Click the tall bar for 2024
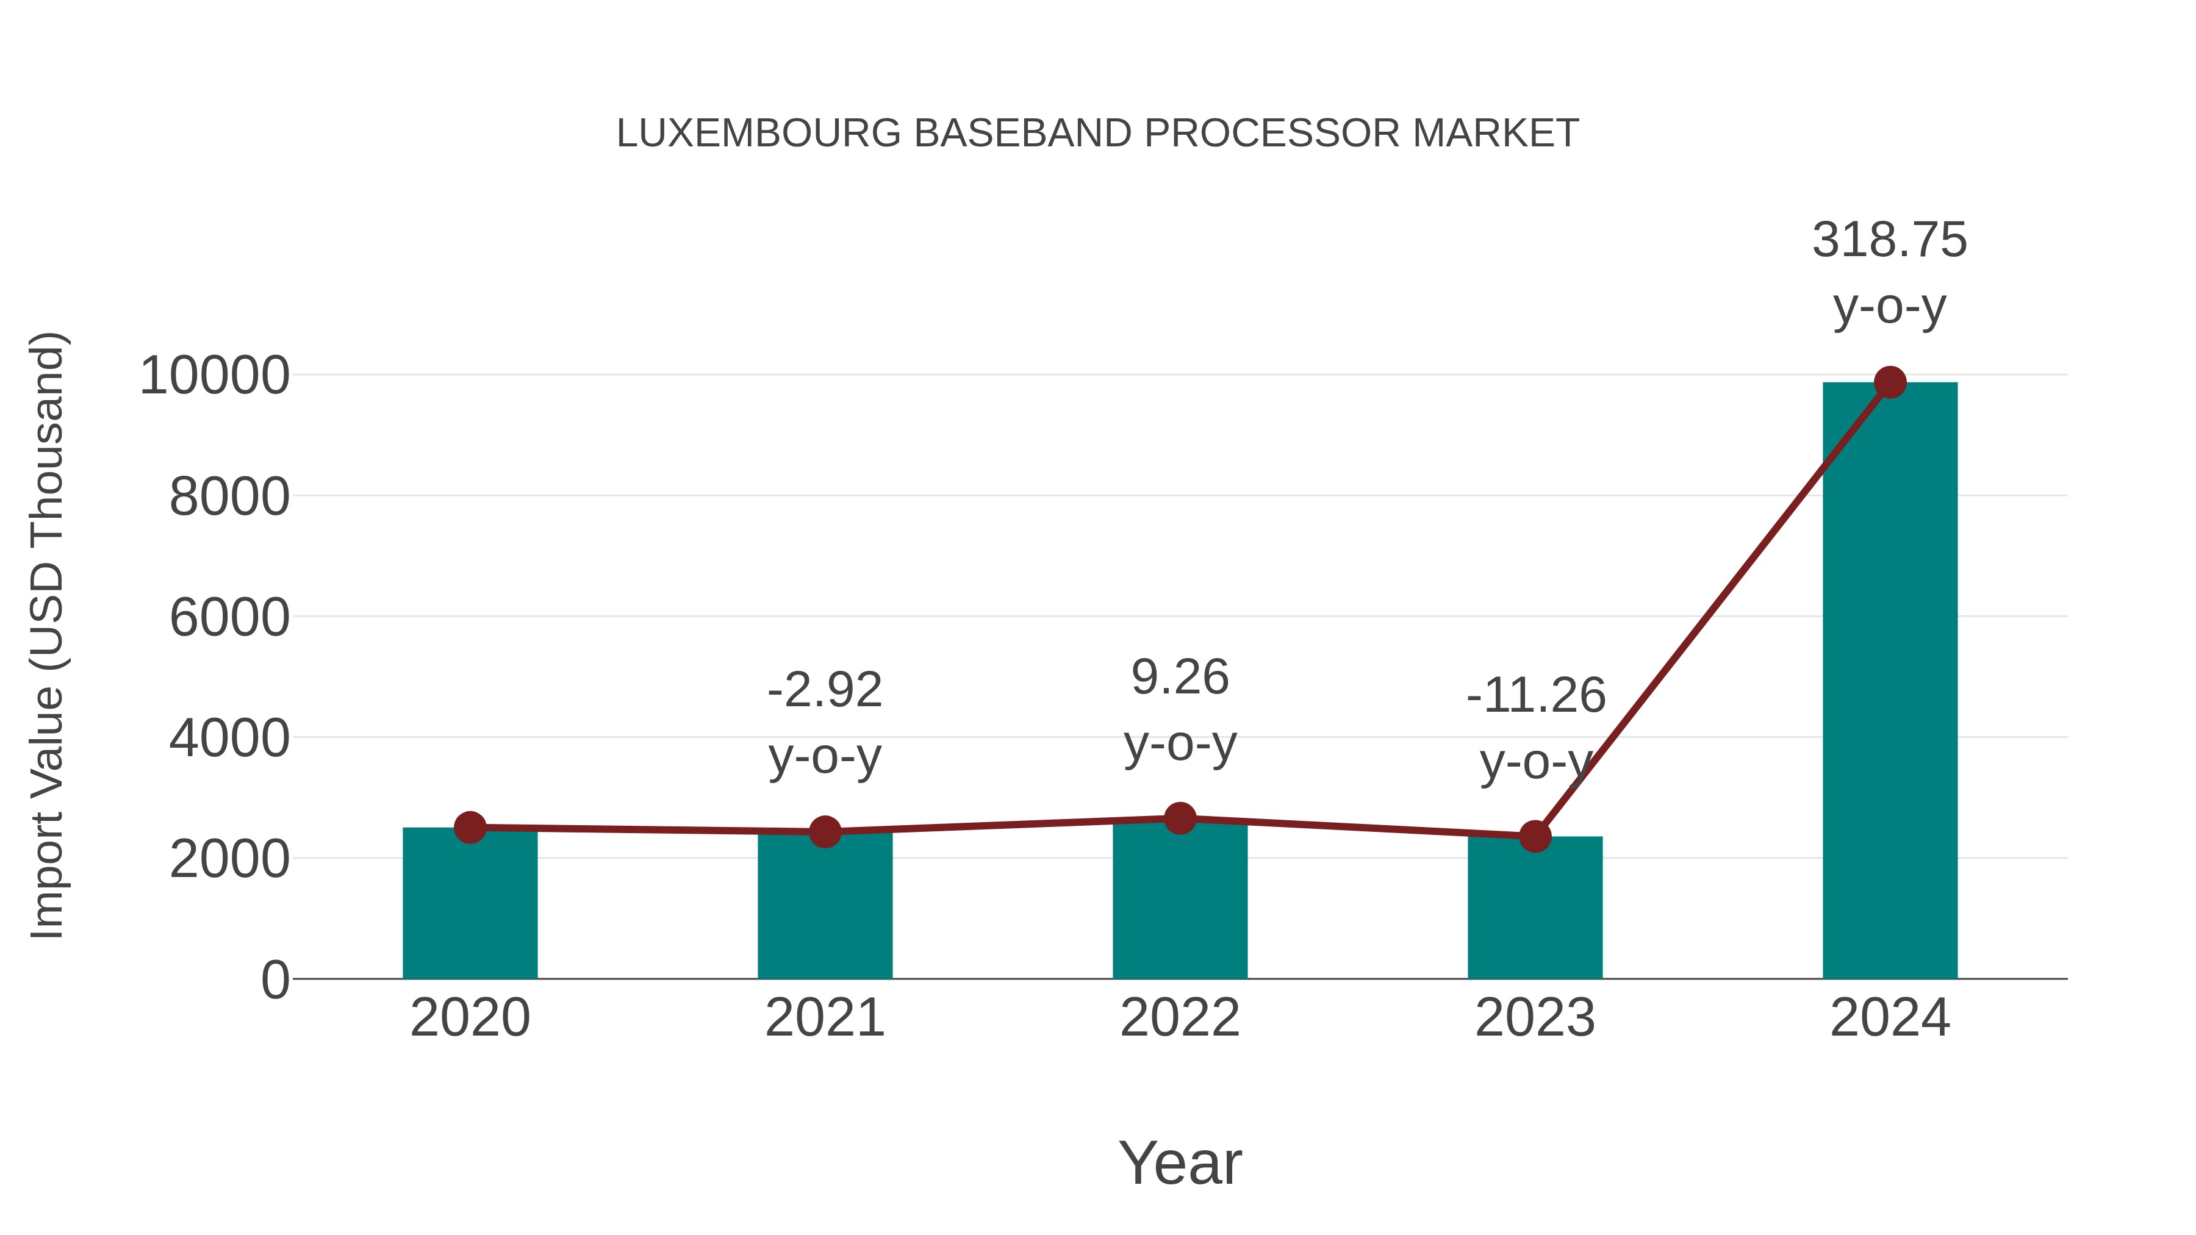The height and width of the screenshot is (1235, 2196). coord(1890,682)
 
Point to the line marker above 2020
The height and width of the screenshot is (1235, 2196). coord(470,827)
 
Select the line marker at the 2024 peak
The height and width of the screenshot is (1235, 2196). coord(1890,382)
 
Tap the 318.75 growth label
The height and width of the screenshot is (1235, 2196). coord(1889,240)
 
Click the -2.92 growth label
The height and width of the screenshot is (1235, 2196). coord(824,690)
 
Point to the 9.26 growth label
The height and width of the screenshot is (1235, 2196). coord(1180,678)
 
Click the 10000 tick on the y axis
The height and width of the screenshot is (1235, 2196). coord(214,375)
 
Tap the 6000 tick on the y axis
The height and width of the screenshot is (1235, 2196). coord(229,617)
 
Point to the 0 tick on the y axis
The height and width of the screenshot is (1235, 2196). coord(274,979)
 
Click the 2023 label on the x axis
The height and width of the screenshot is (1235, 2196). coord(1535,1018)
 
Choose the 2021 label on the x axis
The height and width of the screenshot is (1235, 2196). coord(824,1018)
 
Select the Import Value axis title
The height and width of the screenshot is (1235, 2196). coord(48,635)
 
